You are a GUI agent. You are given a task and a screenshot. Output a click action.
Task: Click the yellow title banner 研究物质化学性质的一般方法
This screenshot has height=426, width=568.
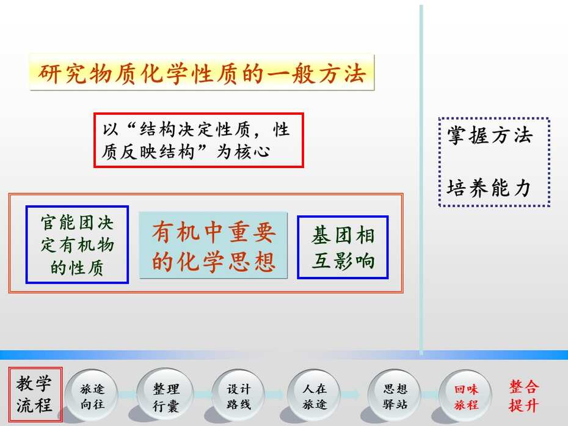[202, 72]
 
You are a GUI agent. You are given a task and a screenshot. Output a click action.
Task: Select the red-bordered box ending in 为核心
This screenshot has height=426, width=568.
[198, 141]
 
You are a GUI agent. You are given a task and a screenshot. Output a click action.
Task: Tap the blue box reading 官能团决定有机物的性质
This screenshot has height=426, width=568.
[77, 244]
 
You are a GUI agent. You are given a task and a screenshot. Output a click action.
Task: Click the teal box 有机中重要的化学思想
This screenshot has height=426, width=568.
[213, 246]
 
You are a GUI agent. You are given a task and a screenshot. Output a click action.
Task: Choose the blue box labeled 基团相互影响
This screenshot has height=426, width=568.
[343, 248]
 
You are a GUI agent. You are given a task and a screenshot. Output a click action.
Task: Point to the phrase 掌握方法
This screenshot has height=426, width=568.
[489, 135]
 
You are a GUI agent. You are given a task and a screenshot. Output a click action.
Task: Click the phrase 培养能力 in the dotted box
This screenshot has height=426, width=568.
[489, 188]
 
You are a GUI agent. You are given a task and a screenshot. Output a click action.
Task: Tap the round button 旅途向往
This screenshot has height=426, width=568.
[92, 396]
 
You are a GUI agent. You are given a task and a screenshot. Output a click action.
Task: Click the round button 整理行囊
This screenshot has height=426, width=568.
[166, 396]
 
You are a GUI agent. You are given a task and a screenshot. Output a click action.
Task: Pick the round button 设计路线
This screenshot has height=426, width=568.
[238, 396]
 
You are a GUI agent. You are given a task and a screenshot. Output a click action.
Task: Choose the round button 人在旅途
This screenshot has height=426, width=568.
[314, 396]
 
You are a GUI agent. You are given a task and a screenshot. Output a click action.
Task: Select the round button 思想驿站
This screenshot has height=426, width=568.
[394, 396]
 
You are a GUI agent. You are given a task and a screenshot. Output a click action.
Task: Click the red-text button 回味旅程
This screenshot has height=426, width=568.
[466, 396]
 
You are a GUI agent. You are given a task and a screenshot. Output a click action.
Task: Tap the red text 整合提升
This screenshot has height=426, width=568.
[523, 396]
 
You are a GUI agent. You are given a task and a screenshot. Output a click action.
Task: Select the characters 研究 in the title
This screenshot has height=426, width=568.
[62, 73]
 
